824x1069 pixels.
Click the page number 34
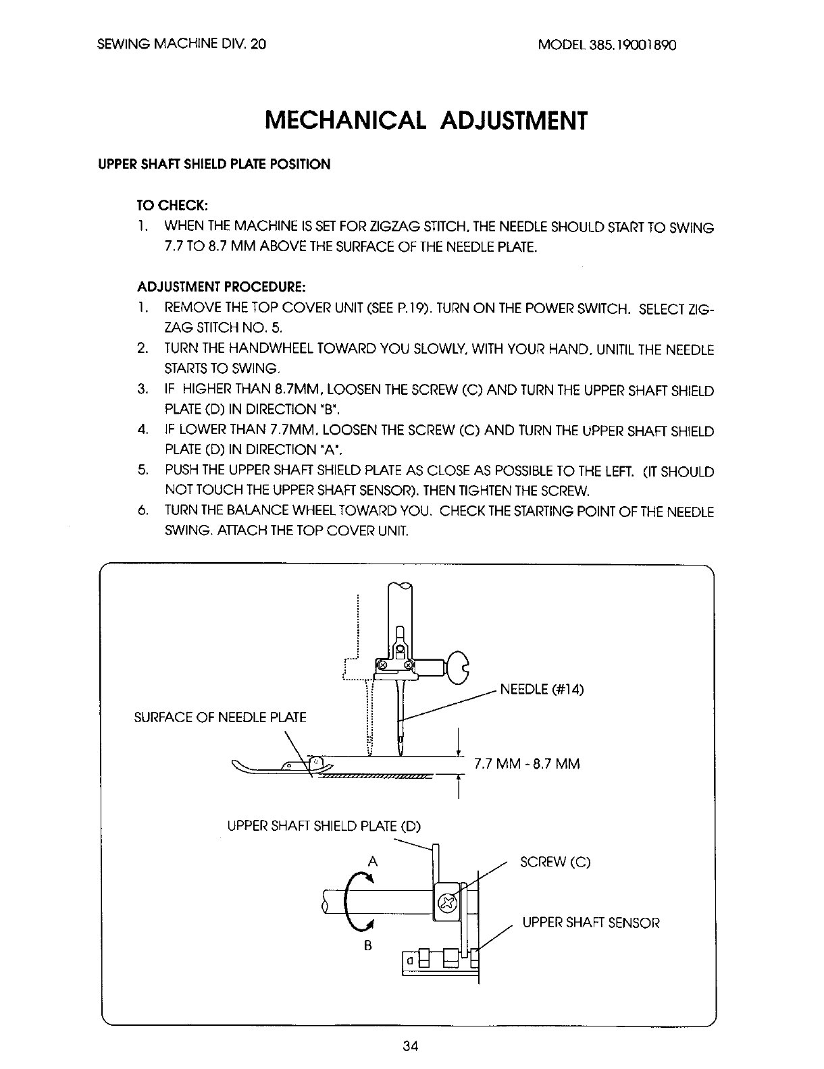click(411, 1047)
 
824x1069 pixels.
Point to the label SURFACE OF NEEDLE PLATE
click(221, 717)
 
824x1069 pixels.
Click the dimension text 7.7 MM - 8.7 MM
click(527, 764)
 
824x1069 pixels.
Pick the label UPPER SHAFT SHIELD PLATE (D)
click(324, 825)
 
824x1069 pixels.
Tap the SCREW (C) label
click(555, 862)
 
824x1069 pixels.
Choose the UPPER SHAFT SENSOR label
click(591, 923)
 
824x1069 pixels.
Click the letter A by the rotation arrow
click(371, 861)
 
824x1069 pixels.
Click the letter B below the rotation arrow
click(368, 945)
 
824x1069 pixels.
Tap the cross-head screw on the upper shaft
click(447, 903)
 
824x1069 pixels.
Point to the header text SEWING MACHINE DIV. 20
click(182, 45)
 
